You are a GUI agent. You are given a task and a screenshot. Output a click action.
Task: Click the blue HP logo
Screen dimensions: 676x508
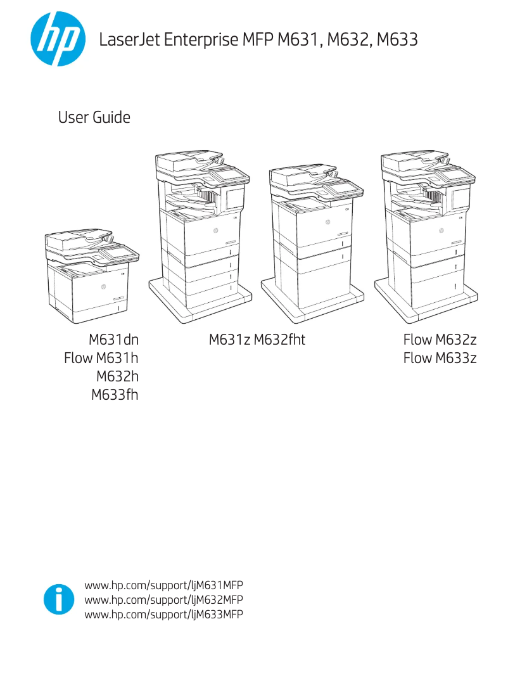coord(58,41)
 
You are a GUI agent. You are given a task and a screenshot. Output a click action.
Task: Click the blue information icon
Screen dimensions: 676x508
coord(58,599)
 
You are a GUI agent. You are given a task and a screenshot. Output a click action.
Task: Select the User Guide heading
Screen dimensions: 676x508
coord(94,118)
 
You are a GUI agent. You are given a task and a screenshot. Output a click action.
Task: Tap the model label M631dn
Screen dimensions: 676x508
coord(113,340)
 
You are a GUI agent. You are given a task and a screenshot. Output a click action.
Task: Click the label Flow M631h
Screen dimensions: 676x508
coord(101,359)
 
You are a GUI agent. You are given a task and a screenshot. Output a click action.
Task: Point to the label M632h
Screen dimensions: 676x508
coord(117,377)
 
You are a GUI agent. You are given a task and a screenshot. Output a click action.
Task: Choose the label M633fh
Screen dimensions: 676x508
coord(115,395)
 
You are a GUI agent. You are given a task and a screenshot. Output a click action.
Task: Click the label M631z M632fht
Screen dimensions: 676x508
coord(257,340)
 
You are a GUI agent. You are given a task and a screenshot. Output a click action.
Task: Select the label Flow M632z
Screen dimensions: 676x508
coord(440,340)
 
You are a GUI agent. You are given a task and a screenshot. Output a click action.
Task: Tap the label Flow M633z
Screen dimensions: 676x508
coord(440,359)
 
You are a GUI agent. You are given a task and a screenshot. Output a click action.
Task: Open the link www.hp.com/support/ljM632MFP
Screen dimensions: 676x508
coord(164,599)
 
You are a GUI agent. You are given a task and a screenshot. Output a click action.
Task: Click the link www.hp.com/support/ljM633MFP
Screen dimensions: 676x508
coord(164,614)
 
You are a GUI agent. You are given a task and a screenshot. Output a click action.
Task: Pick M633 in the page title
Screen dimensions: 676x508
coord(397,41)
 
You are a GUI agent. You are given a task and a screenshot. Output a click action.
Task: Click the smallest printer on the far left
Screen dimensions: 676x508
coord(92,279)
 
